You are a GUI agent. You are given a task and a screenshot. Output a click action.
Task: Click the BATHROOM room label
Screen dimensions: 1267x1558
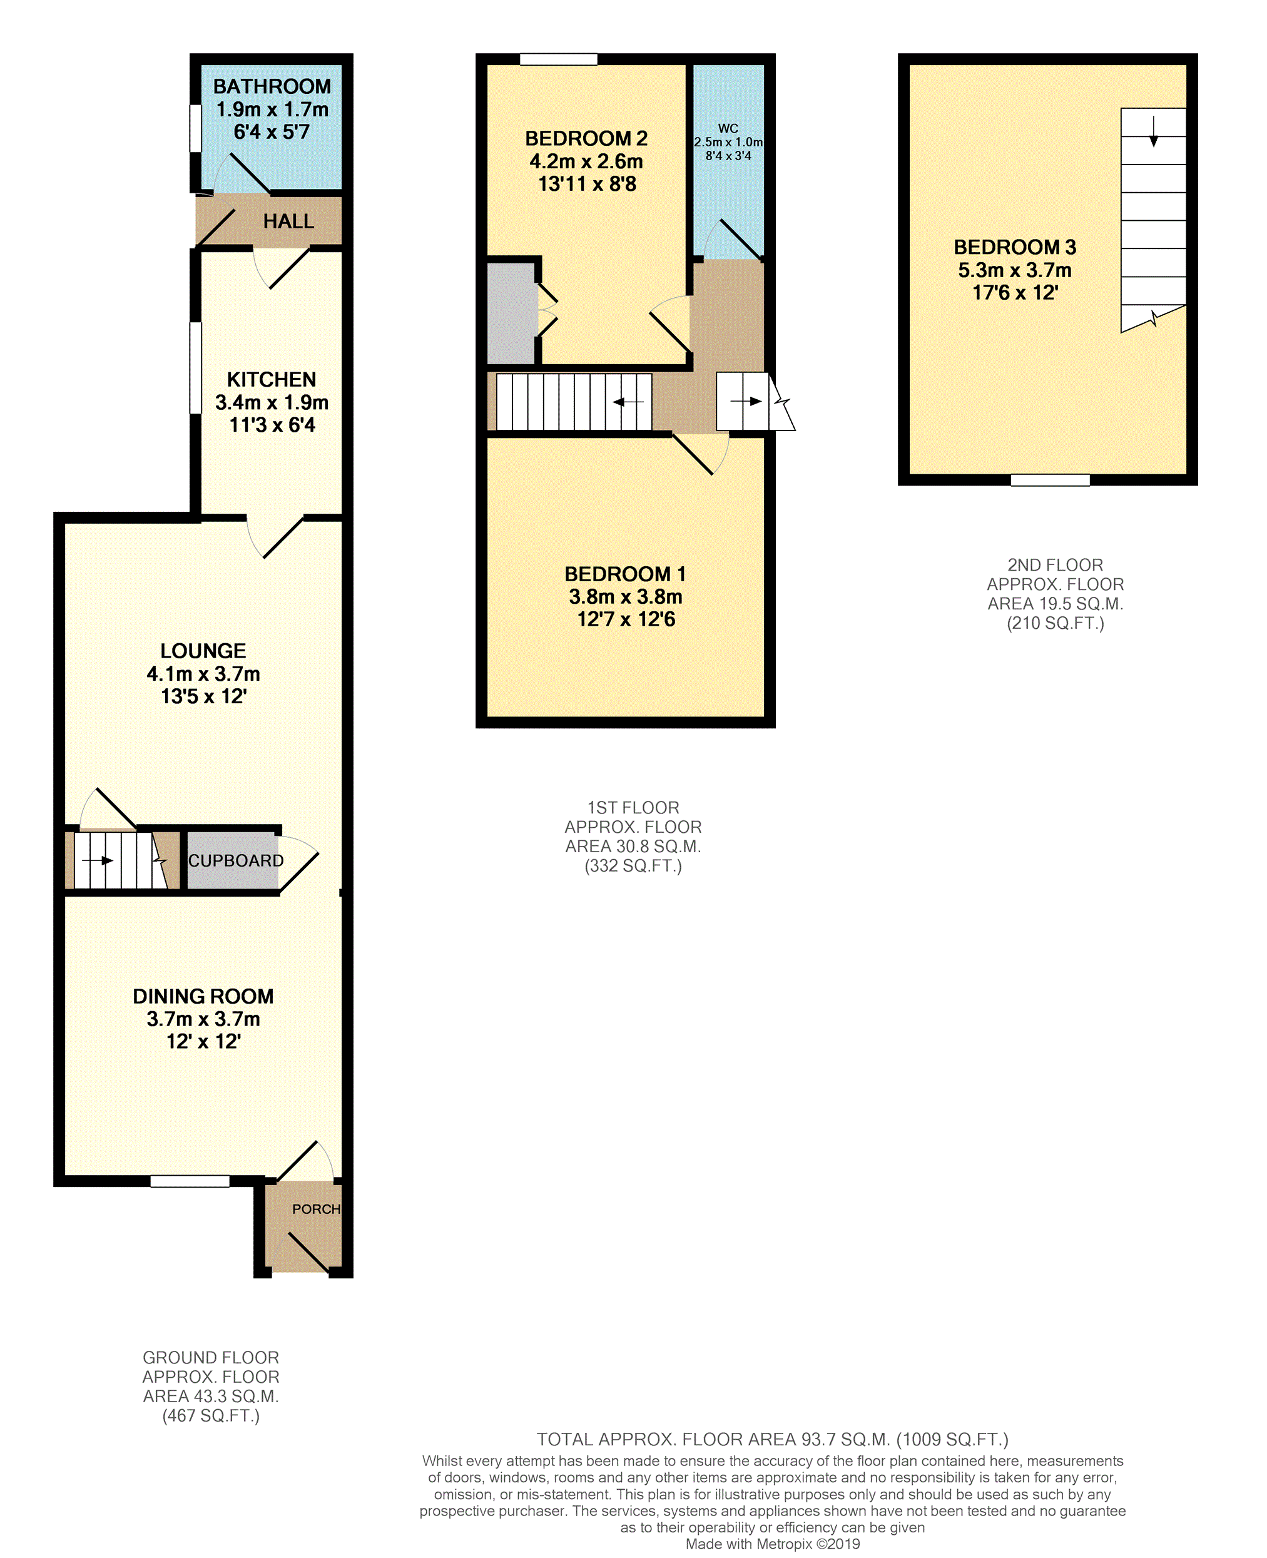pyautogui.click(x=272, y=86)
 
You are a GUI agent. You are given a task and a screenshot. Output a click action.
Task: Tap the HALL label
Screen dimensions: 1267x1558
pyautogui.click(x=288, y=221)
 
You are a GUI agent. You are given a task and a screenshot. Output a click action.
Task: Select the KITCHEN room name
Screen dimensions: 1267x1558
pyautogui.click(x=272, y=379)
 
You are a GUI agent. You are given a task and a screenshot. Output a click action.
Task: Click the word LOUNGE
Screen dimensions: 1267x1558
pyautogui.click(x=203, y=651)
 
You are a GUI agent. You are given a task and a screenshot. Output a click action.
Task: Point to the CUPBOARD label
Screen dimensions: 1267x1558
pyautogui.click(x=236, y=860)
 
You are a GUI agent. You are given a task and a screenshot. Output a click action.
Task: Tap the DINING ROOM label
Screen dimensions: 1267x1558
pyautogui.click(x=203, y=996)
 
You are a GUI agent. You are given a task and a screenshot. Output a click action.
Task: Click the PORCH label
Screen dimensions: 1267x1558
pyautogui.click(x=316, y=1209)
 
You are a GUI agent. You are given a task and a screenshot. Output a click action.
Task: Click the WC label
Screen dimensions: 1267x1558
pyautogui.click(x=728, y=128)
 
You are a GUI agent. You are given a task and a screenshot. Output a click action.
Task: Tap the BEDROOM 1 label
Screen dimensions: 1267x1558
pyautogui.click(x=626, y=574)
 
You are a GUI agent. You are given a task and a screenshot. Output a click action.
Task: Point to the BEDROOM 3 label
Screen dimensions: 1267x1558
pyautogui.click(x=1014, y=247)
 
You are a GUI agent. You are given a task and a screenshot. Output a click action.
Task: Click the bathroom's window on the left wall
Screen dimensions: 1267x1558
pyautogui.click(x=196, y=128)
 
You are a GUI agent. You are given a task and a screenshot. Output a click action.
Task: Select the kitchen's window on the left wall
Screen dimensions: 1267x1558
pyautogui.click(x=196, y=369)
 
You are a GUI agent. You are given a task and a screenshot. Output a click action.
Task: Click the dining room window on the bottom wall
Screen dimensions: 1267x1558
pyautogui.click(x=190, y=1181)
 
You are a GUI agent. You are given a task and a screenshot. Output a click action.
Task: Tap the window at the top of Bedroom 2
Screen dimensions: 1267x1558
pyautogui.click(x=558, y=59)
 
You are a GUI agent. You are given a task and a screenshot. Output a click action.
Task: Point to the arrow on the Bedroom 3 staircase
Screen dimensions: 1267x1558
pyautogui.click(x=1153, y=131)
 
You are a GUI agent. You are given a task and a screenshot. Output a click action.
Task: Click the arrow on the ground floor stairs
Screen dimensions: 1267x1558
pyautogui.click(x=97, y=861)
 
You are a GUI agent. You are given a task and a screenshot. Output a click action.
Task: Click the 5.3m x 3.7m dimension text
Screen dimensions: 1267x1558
pyautogui.click(x=1014, y=270)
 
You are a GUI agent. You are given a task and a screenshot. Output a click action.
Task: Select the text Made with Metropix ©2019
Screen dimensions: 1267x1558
pyautogui.click(x=772, y=1544)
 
